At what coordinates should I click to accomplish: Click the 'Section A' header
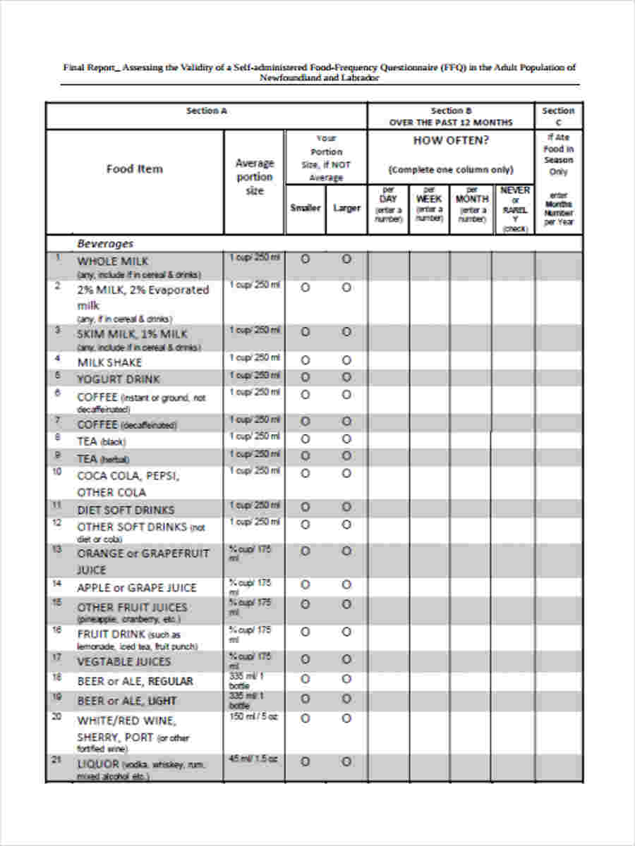pos(206,111)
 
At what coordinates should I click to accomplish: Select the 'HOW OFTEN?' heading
pos(450,140)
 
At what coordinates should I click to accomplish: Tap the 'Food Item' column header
pos(134,168)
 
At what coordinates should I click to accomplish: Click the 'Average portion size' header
pos(254,176)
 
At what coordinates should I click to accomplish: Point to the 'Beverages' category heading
pos(104,243)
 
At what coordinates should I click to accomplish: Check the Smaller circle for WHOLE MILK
pos(305,259)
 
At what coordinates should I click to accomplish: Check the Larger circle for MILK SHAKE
pos(346,360)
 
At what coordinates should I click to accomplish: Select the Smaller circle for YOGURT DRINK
pos(305,376)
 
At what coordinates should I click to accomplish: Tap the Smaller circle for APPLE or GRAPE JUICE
pos(305,585)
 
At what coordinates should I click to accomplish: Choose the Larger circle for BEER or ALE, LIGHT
pos(346,699)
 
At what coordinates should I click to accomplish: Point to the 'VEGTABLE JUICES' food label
pos(123,661)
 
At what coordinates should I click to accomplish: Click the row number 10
pos(57,471)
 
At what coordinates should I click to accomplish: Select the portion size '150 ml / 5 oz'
pos(253,717)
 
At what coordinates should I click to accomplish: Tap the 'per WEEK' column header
pos(429,204)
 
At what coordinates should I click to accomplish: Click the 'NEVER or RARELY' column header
pos(514,209)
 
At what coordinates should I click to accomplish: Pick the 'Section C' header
pos(557,116)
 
